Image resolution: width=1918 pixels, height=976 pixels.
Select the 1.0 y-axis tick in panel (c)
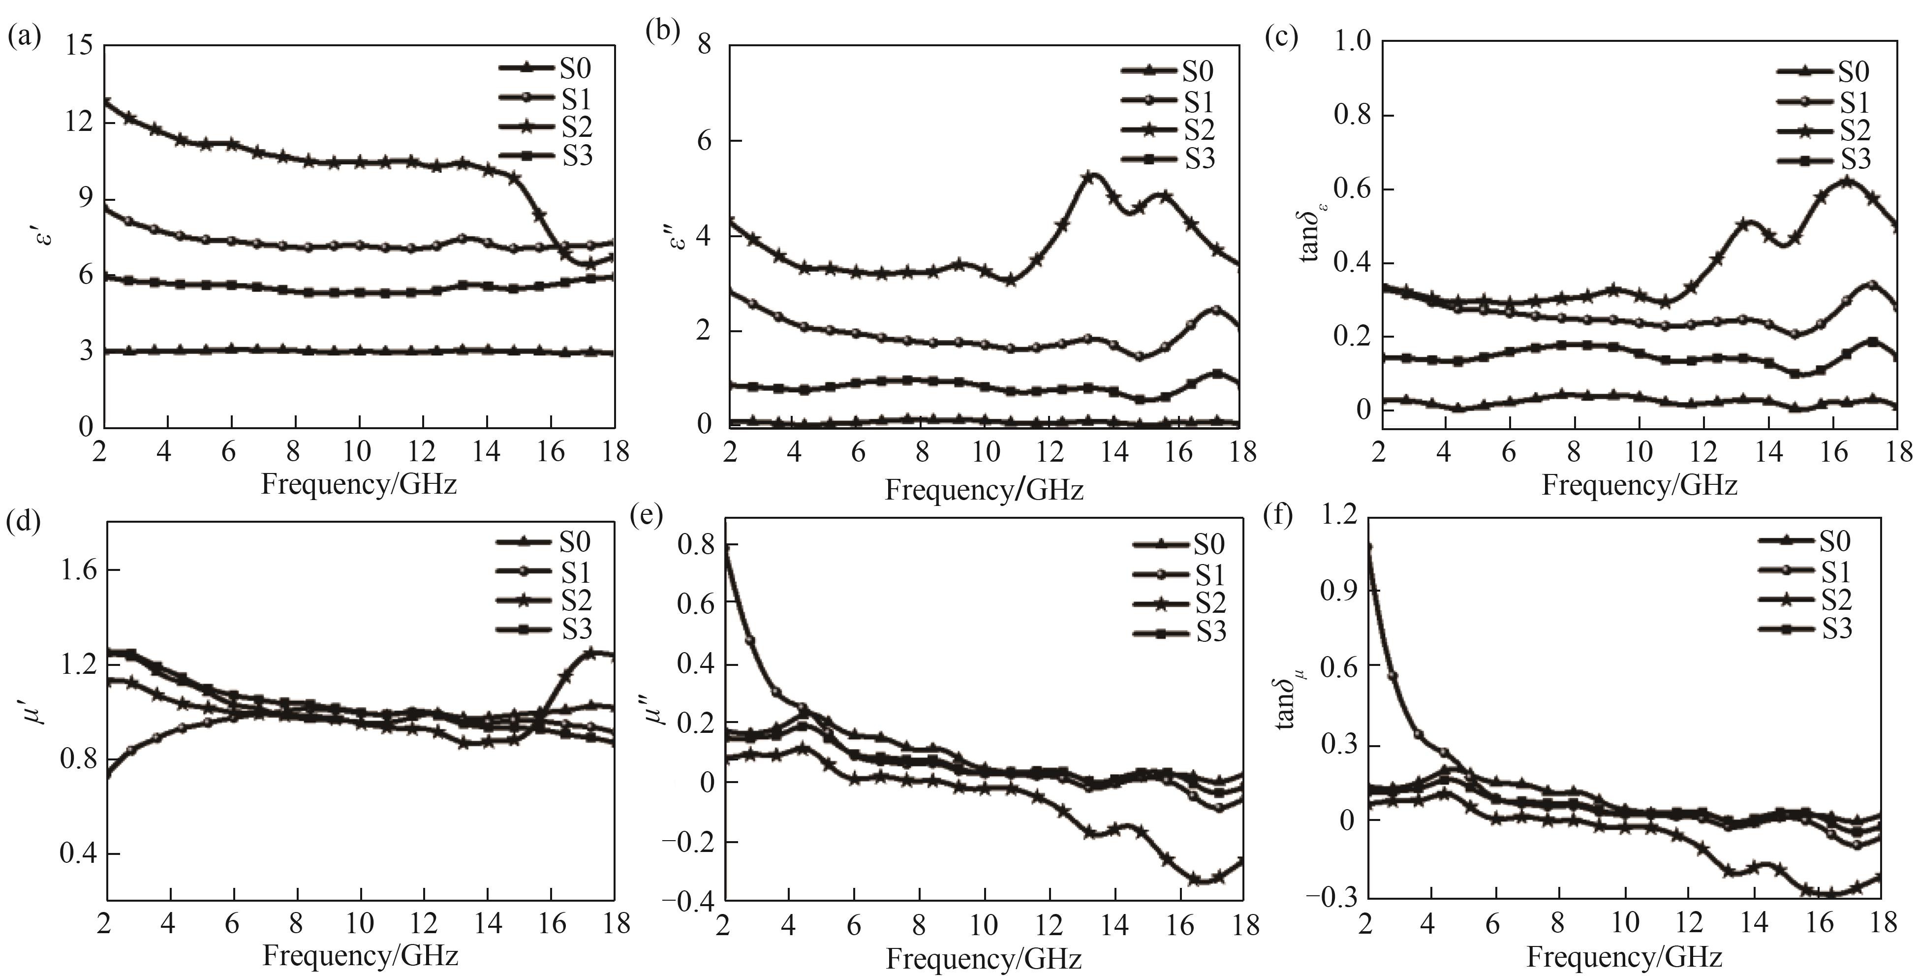(1351, 42)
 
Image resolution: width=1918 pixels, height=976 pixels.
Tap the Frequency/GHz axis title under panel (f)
(1624, 957)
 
